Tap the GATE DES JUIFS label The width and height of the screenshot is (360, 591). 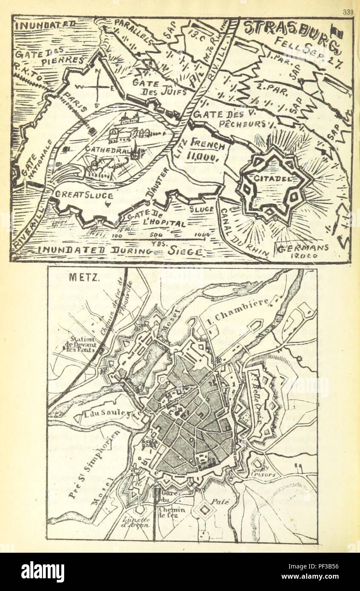[150, 88]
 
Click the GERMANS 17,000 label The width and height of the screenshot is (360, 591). [303, 251]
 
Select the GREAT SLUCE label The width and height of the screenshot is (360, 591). [83, 196]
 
